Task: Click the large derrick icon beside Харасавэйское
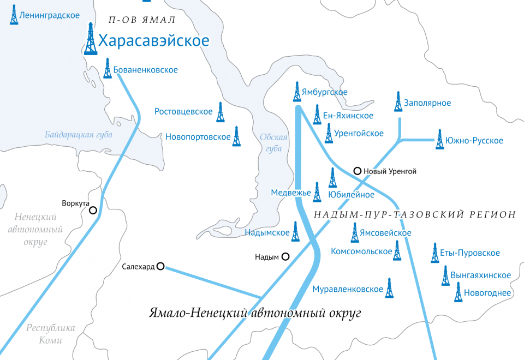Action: pyautogui.click(x=91, y=39)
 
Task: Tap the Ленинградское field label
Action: pyautogui.click(x=49, y=16)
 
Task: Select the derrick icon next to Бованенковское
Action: pyautogui.click(x=108, y=69)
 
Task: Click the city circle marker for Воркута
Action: pyautogui.click(x=93, y=210)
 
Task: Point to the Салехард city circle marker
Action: pyautogui.click(x=160, y=266)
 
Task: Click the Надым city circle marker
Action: pyautogui.click(x=285, y=256)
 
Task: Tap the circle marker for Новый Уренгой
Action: pyautogui.click(x=358, y=171)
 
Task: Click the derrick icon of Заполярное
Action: pyautogui.click(x=398, y=101)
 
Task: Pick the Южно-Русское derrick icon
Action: pyautogui.click(x=440, y=140)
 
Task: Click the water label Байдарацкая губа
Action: pyautogui.click(x=79, y=134)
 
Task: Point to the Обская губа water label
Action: pyautogui.click(x=271, y=143)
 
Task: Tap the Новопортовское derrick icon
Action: pyautogui.click(x=236, y=136)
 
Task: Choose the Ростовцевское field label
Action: pyautogui.click(x=183, y=112)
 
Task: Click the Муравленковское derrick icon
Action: pyautogui.click(x=389, y=288)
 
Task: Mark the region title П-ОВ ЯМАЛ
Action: pyautogui.click(x=142, y=20)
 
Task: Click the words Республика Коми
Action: pyautogui.click(x=51, y=334)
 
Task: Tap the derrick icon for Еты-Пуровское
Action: pyautogui.click(x=435, y=253)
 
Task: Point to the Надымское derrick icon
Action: pyautogui.click(x=295, y=232)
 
